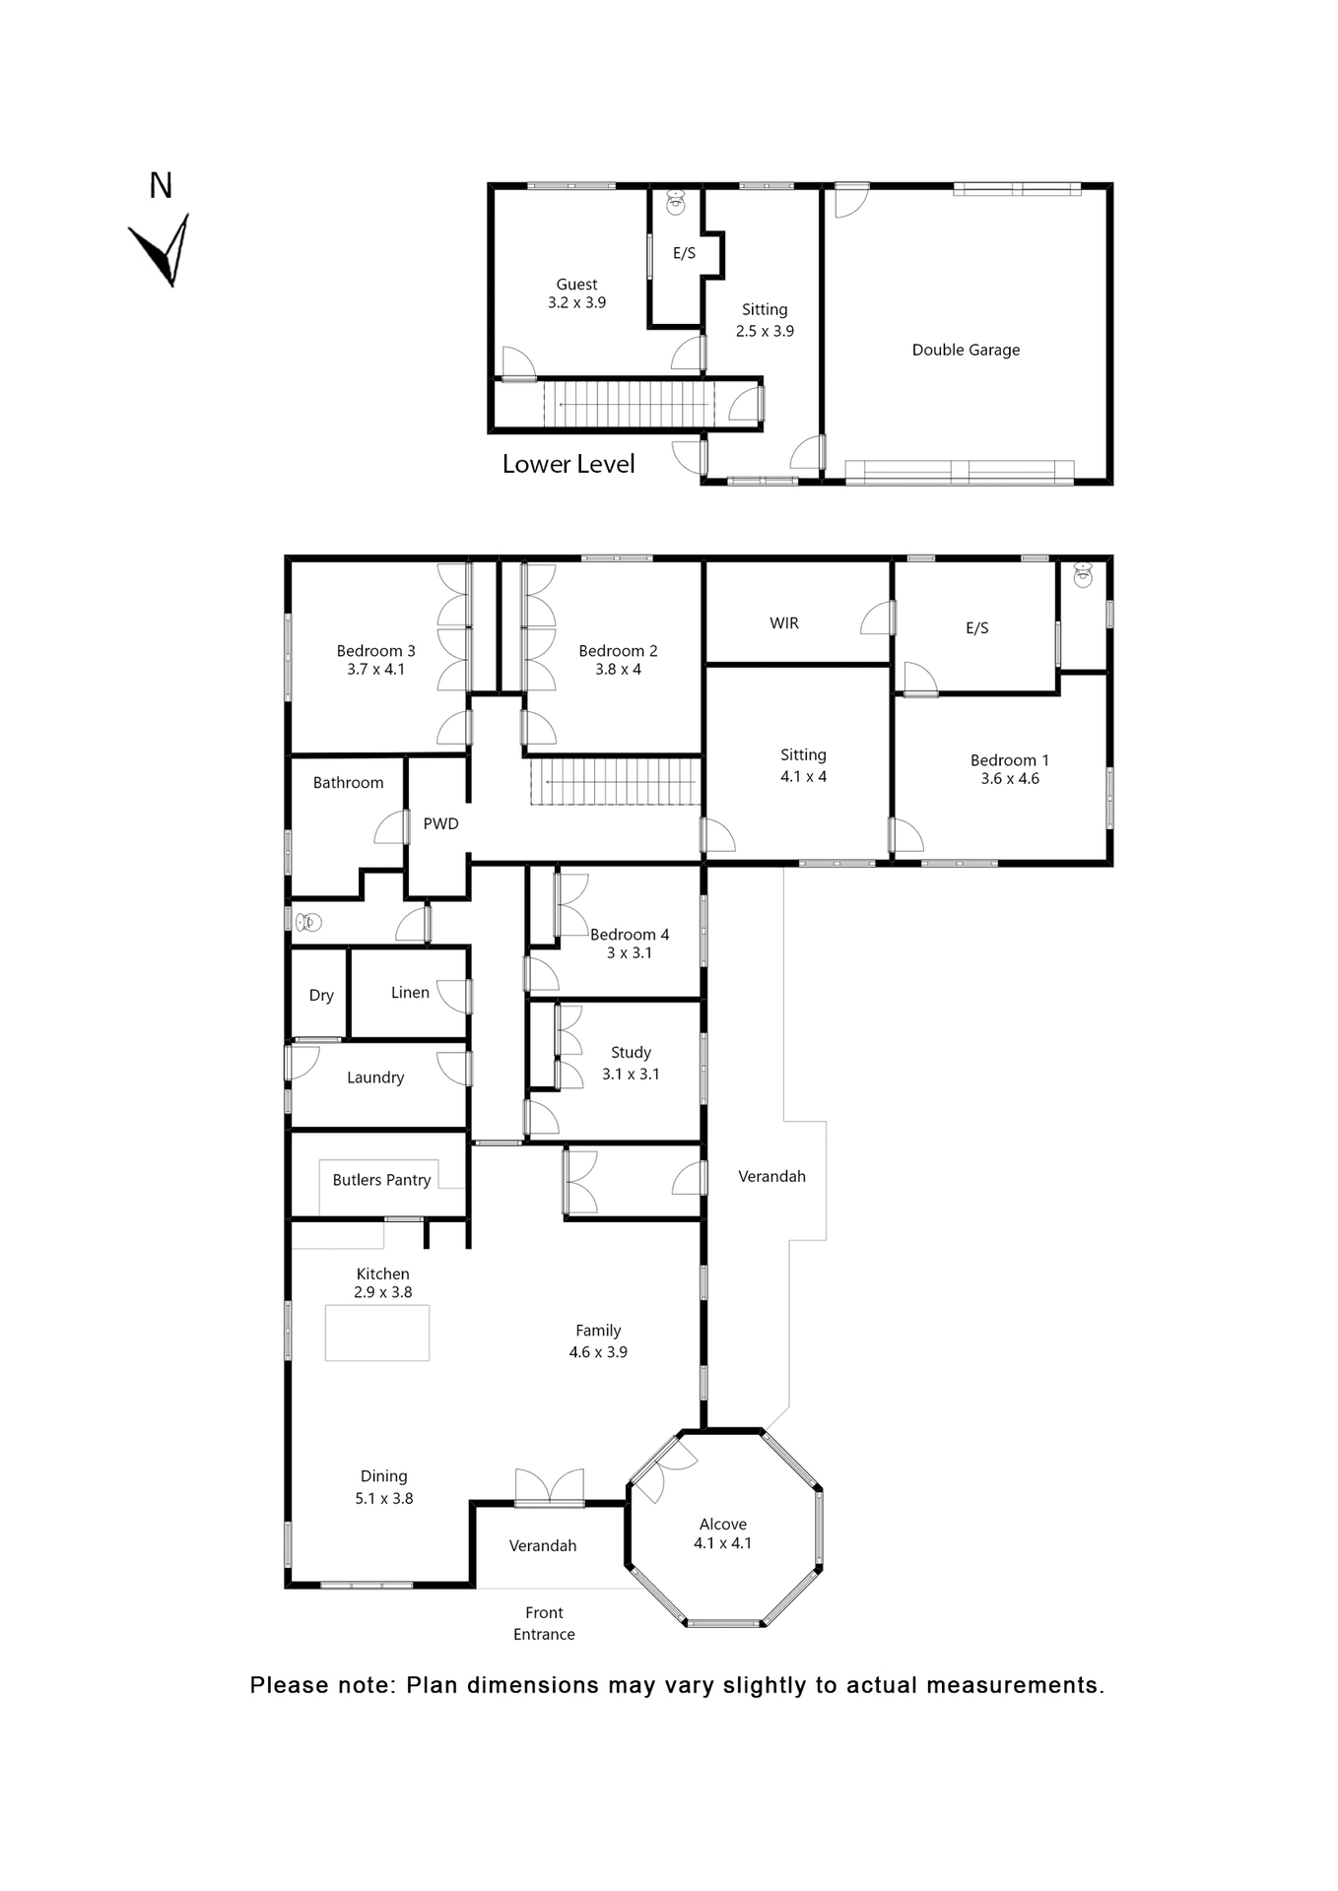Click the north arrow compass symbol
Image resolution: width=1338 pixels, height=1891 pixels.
[160, 250]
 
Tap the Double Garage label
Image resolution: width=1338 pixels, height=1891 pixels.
[966, 350]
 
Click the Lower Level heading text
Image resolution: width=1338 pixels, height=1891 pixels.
[568, 464]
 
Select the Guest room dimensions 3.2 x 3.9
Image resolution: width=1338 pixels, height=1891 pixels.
[576, 303]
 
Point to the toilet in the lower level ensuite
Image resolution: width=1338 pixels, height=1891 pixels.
[676, 203]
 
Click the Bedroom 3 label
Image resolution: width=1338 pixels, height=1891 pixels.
[375, 651]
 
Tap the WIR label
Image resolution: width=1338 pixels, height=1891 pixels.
[784, 623]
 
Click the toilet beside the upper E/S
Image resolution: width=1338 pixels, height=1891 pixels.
[1083, 575]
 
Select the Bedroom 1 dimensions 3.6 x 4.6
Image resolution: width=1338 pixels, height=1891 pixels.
[1010, 779]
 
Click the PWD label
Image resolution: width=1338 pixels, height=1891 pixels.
[440, 824]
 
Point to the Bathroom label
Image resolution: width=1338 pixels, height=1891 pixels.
[348, 783]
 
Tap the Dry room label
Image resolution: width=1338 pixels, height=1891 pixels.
[321, 996]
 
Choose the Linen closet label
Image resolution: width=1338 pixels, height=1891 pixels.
[410, 993]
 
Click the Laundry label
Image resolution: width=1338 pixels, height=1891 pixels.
[375, 1077]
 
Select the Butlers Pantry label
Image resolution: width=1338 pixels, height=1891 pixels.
[381, 1180]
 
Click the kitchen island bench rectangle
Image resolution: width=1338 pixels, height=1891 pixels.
[377, 1333]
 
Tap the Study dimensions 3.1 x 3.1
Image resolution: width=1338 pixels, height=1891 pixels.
[631, 1075]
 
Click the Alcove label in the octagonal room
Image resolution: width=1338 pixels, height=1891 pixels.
[722, 1525]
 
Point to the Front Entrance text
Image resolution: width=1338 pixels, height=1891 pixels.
[544, 1623]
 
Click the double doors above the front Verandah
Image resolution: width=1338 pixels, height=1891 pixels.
[549, 1487]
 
